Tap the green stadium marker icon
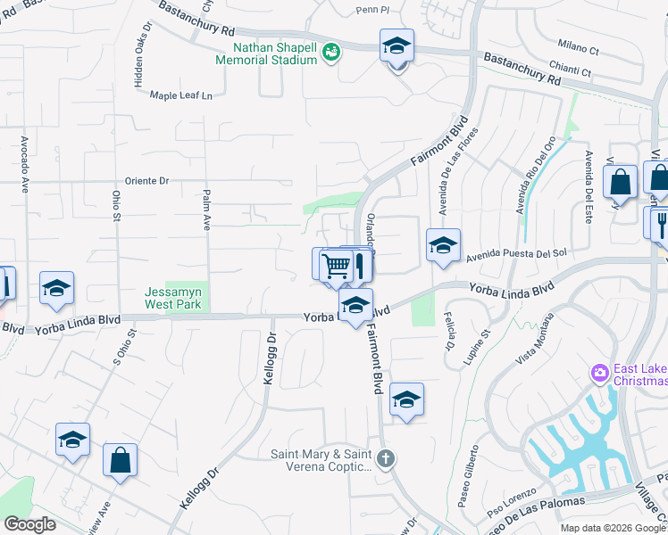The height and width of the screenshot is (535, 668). (331, 53)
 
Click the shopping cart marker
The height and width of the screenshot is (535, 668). (336, 265)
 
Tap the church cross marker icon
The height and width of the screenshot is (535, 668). (385, 459)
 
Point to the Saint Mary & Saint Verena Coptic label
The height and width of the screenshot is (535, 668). (321, 460)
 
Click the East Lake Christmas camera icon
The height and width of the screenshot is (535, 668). (598, 371)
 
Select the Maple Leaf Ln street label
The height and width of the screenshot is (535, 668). (182, 95)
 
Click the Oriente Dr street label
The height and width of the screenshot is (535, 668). (146, 180)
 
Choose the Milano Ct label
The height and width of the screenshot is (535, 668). (578, 45)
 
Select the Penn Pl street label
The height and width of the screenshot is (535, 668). (372, 11)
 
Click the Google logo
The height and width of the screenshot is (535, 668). (29, 524)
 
